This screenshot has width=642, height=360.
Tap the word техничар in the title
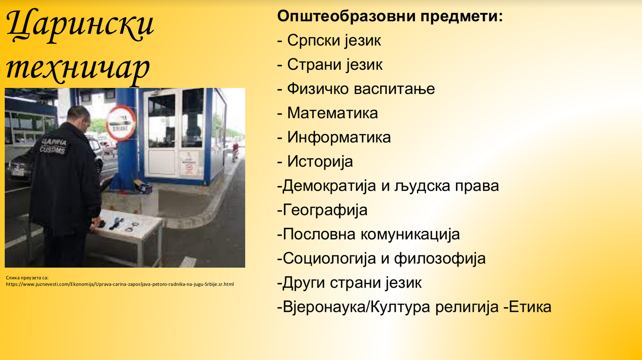[78, 69]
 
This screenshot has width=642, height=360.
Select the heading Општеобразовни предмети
[390, 16]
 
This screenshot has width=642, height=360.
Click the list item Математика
[333, 113]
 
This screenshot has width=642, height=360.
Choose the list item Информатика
[339, 137]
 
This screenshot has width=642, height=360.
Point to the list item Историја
[320, 161]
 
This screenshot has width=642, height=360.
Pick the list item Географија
[325, 210]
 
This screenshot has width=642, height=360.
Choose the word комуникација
[410, 235]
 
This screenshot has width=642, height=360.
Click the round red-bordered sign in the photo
[121, 123]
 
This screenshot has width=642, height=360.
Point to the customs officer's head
[79, 117]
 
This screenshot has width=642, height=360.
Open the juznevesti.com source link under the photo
[120, 284]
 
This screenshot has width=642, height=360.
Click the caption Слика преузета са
[27, 278]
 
